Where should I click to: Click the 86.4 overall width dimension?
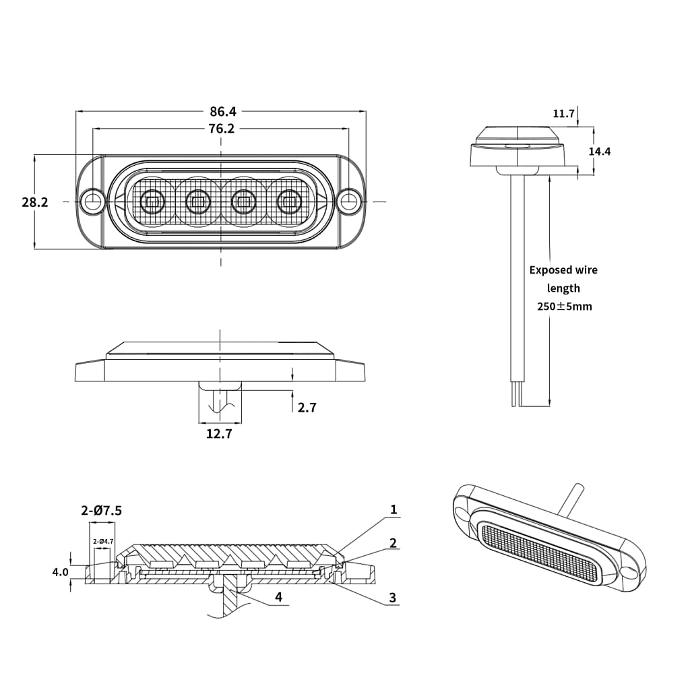[222, 111]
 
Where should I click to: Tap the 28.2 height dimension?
[35, 201]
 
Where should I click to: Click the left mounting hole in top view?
[92, 201]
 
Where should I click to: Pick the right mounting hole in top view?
[348, 201]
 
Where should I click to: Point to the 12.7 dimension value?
[219, 434]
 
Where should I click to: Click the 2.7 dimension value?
[307, 408]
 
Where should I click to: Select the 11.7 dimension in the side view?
[563, 113]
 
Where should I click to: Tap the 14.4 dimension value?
[599, 152]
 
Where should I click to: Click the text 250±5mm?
[564, 307]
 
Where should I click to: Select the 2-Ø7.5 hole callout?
[102, 511]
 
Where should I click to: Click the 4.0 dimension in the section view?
[60, 572]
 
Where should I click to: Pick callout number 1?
[394, 510]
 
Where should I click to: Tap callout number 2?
[393, 543]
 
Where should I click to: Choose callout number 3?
[393, 597]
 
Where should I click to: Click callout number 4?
[278, 597]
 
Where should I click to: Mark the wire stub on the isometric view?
[573, 499]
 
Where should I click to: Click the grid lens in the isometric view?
[540, 552]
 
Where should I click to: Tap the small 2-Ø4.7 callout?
[102, 541]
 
